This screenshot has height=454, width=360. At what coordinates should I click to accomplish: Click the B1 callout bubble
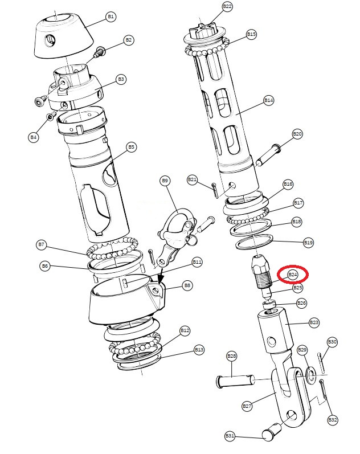111,17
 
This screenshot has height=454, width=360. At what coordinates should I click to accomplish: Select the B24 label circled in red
293,275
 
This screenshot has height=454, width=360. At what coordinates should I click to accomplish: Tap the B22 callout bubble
227,6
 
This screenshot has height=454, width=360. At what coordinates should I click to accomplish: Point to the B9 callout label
165,181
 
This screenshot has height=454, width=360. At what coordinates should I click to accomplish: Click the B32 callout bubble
333,420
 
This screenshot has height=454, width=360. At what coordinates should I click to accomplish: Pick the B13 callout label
199,350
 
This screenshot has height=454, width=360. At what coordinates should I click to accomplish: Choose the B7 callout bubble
42,245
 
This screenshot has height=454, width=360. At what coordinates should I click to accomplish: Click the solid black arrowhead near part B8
160,280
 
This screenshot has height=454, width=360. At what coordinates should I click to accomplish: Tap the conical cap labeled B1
64,35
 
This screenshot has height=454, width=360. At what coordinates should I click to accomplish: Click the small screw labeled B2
99,52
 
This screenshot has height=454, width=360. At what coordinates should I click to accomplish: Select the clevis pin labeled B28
236,380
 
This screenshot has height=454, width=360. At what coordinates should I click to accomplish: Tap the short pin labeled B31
271,431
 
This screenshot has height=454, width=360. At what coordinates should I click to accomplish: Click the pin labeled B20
268,156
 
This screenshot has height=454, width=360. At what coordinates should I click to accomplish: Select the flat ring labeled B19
255,242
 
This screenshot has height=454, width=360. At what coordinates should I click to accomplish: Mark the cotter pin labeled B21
215,190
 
